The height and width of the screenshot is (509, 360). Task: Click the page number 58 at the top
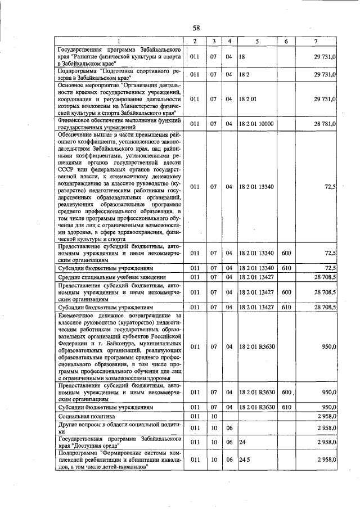click(196, 28)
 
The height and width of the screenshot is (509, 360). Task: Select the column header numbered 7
click(318, 42)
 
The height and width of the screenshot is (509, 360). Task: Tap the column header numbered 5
click(256, 42)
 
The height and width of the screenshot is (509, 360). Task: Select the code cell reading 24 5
click(244, 460)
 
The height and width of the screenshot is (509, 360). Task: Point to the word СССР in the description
click(67, 168)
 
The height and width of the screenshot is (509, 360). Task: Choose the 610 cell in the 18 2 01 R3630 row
click(286, 407)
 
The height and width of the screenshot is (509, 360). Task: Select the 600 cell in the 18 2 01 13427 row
click(286, 292)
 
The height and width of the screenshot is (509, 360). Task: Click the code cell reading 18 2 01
click(247, 99)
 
